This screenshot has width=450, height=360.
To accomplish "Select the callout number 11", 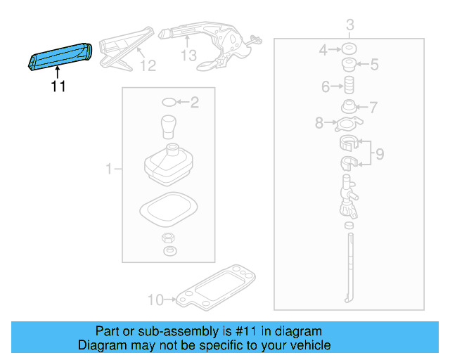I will click(x=58, y=87).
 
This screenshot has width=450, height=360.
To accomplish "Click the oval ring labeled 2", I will click(x=169, y=103).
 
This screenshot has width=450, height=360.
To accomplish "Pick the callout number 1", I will click(x=109, y=169).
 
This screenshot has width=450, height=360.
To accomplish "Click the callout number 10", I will click(x=155, y=300).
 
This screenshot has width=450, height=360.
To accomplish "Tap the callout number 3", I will click(x=349, y=27).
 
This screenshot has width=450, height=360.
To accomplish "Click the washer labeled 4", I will click(x=347, y=50).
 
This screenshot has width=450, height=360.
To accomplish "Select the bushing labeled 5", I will click(x=347, y=66).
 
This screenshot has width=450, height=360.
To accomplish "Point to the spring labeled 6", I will click(x=347, y=88).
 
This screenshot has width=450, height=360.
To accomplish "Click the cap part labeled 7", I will click(x=348, y=108).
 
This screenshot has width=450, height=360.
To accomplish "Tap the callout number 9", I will click(x=379, y=154).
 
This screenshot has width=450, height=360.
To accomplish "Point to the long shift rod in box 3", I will click(x=349, y=267).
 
